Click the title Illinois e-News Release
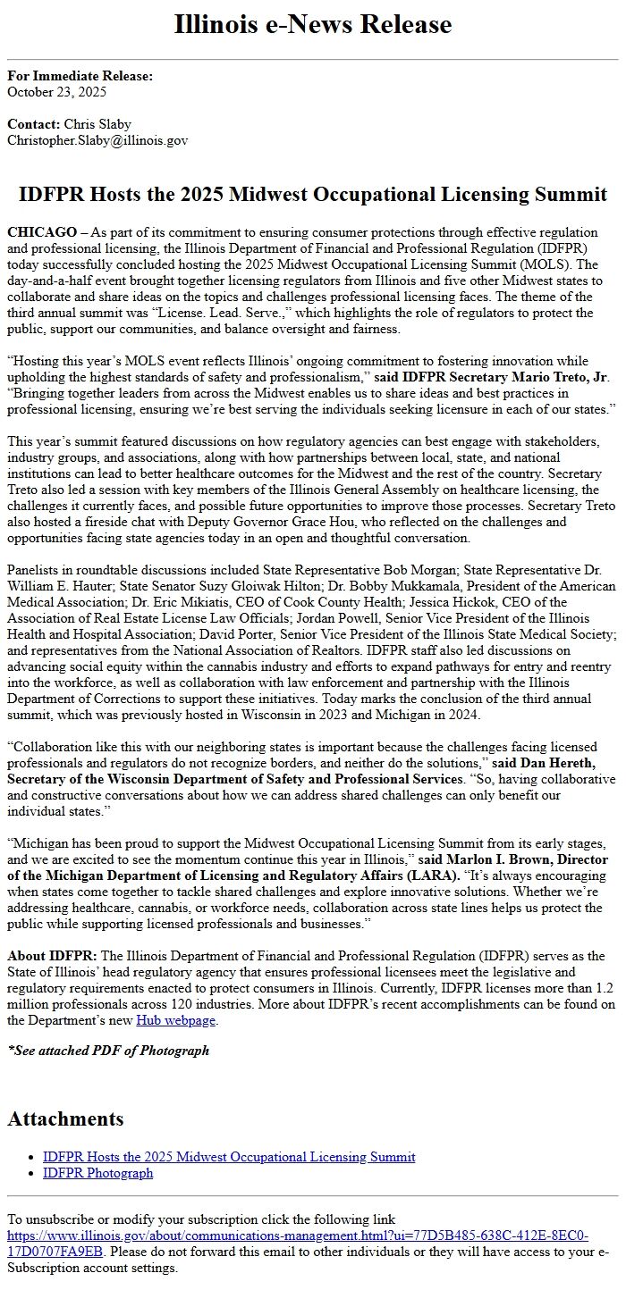313,24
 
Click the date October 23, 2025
56,91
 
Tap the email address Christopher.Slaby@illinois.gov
97,140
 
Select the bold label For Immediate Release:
80,76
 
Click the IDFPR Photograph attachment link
97,1173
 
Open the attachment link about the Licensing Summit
229,1157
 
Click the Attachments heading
65,1118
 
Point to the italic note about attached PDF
108,1051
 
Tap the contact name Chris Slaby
97,124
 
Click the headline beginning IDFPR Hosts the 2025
313,195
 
